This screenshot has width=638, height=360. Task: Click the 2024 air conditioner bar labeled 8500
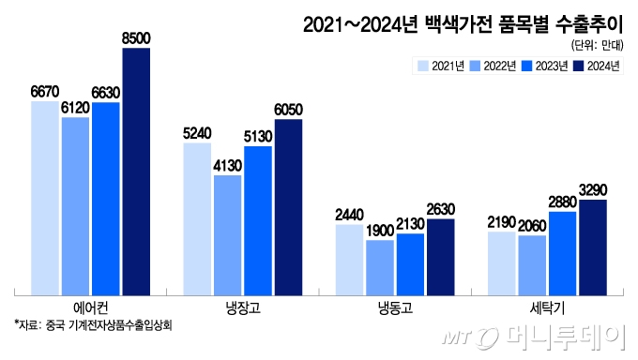136,169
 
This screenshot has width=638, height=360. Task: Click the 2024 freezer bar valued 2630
440,254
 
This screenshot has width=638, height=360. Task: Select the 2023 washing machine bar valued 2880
562,250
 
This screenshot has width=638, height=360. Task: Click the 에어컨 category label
91,307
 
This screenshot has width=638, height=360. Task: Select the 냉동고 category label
395,307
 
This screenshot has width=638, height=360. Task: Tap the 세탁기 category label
547,307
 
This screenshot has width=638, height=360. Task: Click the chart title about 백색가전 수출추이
462,23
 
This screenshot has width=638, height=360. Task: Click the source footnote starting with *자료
94,326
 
